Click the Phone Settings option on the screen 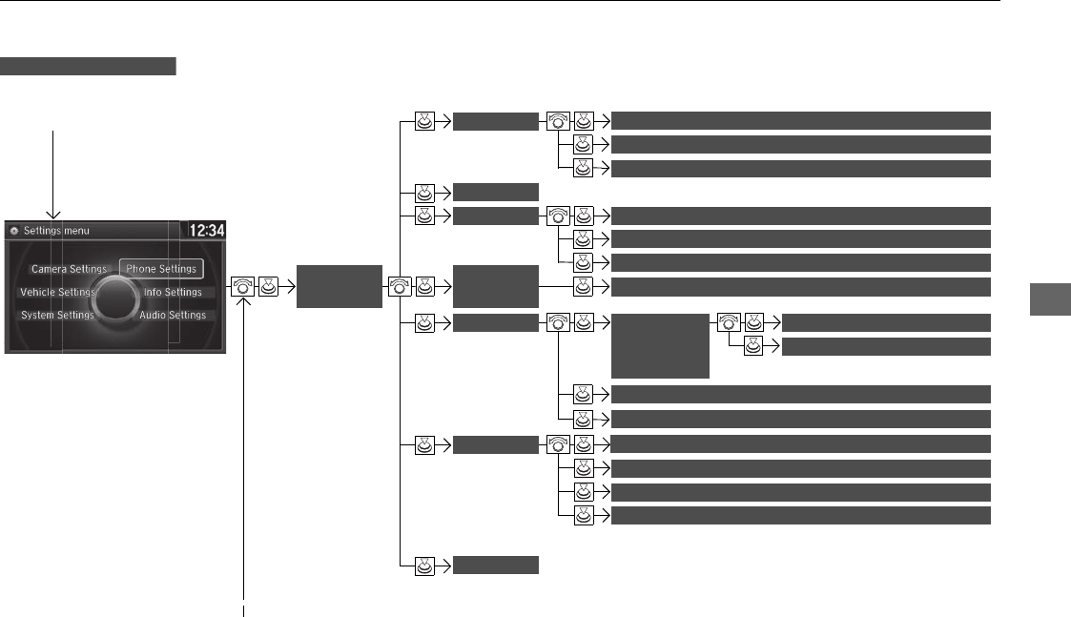click(161, 269)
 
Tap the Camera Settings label click(69, 270)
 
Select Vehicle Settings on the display click(57, 293)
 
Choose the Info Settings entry click(173, 293)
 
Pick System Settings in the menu click(57, 316)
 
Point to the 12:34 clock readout click(205, 231)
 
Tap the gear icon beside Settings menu click(12, 231)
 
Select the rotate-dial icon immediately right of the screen click(242, 285)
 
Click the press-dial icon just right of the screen click(269, 285)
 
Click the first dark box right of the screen click(339, 286)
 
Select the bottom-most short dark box click(496, 565)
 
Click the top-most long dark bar click(799, 120)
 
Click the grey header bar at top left click(89, 66)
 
